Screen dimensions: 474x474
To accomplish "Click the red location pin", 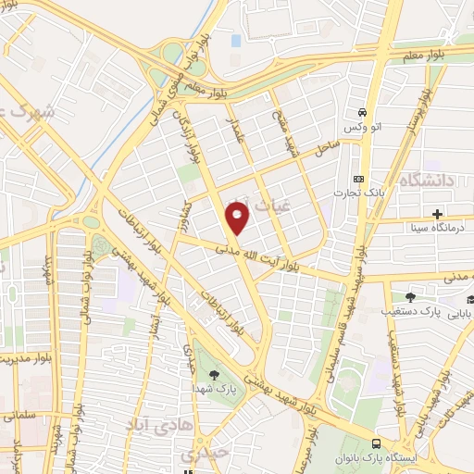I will coord(238,218).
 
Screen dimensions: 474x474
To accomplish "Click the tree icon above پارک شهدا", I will coord(215,374).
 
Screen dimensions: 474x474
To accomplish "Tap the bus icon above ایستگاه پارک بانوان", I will coord(376,444).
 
